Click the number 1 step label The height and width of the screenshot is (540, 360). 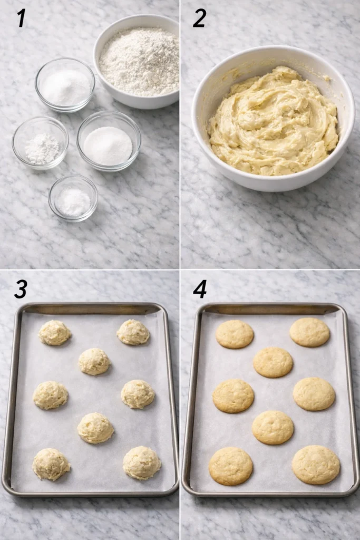click(21, 18)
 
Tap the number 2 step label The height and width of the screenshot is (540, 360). click(199, 18)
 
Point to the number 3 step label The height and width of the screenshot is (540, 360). click(21, 289)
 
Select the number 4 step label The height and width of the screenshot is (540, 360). click(199, 289)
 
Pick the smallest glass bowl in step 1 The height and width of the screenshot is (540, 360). click(73, 198)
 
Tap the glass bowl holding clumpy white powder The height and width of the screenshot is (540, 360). click(41, 143)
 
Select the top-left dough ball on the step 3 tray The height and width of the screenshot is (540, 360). click(54, 333)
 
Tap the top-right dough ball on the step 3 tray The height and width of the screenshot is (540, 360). click(133, 332)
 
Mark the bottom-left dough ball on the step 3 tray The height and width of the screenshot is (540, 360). click(51, 465)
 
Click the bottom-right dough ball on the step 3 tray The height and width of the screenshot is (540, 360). click(142, 463)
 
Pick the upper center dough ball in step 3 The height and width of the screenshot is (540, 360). click(94, 362)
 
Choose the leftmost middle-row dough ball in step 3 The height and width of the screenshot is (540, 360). click(51, 396)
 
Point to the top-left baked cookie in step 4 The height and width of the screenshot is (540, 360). click(235, 334)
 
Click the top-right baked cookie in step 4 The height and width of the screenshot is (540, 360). click(309, 332)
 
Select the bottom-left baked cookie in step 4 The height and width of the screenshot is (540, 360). click(231, 466)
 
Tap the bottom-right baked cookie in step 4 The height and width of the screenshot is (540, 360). click(316, 465)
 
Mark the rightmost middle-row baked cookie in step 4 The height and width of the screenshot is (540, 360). click(314, 394)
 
